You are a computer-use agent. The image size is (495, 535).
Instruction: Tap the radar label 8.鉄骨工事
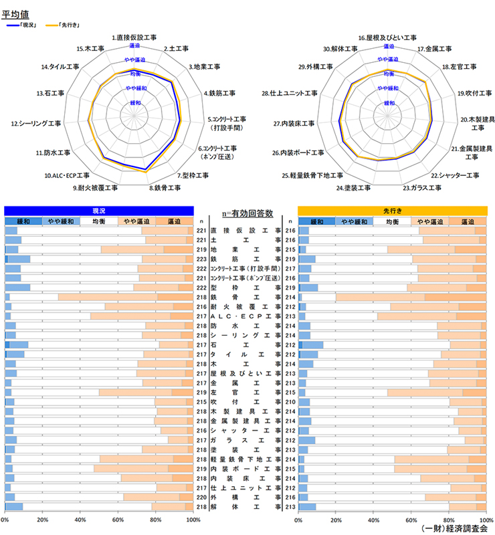pyautogui.click(x=165, y=188)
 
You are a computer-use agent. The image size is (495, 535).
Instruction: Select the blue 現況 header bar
pyautogui.click(x=99, y=210)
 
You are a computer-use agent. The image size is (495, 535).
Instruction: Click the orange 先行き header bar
pyautogui.click(x=392, y=210)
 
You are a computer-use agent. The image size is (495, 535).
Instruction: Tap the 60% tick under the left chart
pyautogui.click(x=118, y=520)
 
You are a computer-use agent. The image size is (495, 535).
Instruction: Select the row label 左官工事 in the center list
pyautogui.click(x=245, y=392)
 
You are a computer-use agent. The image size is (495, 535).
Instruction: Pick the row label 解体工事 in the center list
pyautogui.click(x=245, y=506)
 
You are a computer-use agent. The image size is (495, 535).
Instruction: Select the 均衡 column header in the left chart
pyautogui.click(x=99, y=221)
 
